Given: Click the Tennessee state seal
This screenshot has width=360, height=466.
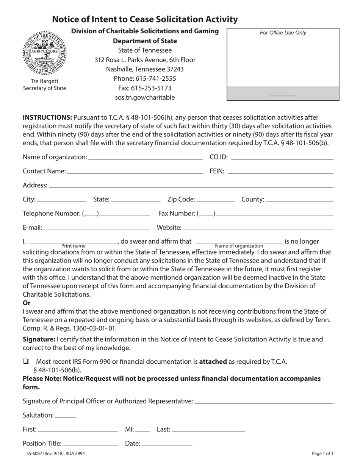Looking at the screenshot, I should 44,53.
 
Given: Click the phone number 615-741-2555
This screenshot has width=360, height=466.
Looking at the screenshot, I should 145,79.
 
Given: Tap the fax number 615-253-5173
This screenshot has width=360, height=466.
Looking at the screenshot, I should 145,88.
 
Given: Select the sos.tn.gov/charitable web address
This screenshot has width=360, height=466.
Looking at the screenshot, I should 145,98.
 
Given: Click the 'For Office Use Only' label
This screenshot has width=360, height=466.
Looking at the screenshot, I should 283,33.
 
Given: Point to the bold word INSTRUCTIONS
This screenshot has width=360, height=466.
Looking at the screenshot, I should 47,117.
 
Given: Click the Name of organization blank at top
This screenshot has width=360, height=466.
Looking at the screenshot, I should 145,157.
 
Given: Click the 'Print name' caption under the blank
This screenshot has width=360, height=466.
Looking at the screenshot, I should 73,246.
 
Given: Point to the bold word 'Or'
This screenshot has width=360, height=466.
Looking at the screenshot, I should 27,303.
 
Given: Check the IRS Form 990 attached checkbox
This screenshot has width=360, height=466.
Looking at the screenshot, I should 26,362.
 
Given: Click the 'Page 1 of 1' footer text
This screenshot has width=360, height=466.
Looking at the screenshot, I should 322,453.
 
